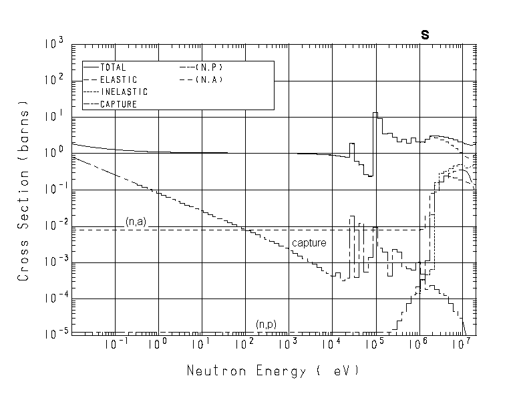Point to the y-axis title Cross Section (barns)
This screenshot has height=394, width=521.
23,190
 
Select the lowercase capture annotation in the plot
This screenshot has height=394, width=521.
309,243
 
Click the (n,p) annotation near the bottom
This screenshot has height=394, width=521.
266,325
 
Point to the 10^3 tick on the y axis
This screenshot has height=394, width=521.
54,44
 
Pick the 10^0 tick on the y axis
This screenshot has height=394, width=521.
54,152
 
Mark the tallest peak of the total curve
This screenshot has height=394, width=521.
375,114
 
